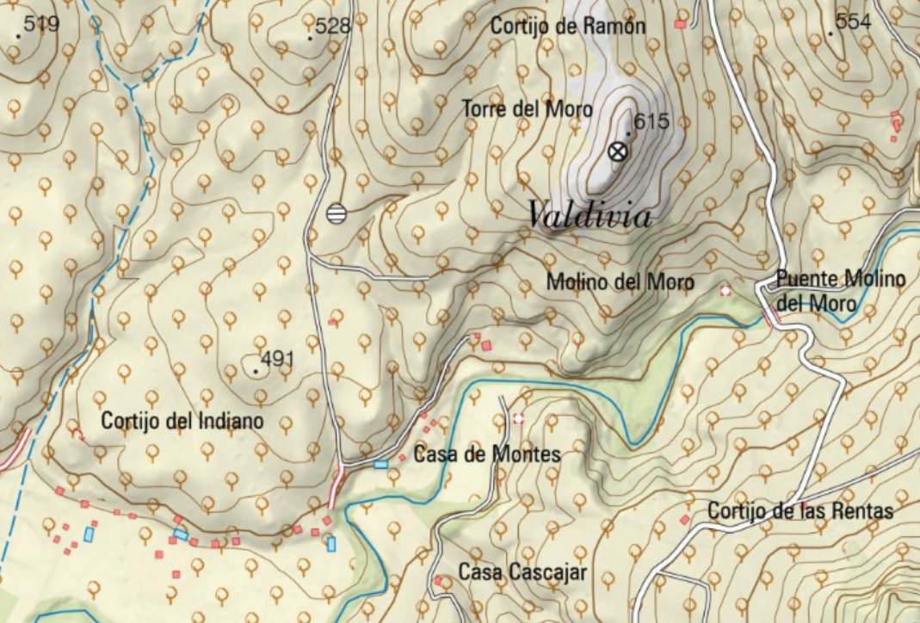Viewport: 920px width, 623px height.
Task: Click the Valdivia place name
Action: tap(590, 215)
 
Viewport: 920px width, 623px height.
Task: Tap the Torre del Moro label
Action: tap(527, 109)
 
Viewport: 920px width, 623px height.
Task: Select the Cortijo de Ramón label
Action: tap(567, 26)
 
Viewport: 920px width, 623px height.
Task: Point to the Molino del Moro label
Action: tap(620, 281)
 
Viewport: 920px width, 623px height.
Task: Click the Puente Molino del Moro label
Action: tap(839, 291)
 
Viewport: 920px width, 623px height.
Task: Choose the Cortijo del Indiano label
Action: tap(182, 422)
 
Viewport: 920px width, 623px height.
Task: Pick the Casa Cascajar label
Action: tap(522, 572)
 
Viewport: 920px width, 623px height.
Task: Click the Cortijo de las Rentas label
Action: tap(800, 511)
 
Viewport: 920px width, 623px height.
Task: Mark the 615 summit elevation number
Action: tap(651, 121)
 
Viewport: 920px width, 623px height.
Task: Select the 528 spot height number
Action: tap(333, 26)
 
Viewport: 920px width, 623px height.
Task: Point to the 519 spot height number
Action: tap(41, 24)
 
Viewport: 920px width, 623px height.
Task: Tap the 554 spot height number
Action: tap(853, 22)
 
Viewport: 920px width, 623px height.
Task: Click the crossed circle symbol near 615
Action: tap(616, 152)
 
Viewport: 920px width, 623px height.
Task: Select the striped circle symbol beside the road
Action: tap(337, 213)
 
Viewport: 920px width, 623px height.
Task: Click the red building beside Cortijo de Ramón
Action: tap(680, 24)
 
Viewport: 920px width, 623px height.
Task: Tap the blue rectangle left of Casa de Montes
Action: tap(380, 465)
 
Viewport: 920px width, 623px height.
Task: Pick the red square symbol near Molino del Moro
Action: tap(726, 291)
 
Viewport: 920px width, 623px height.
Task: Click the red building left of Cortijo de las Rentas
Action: tap(684, 520)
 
